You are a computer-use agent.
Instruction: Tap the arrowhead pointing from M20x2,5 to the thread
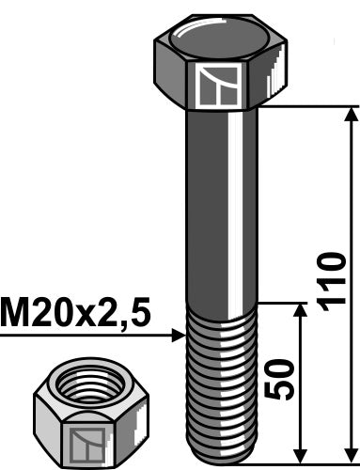click(180, 334)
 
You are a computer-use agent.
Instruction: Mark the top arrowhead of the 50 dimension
click(299, 310)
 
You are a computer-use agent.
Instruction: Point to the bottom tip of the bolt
click(222, 460)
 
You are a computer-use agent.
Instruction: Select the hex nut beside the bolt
click(84, 414)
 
